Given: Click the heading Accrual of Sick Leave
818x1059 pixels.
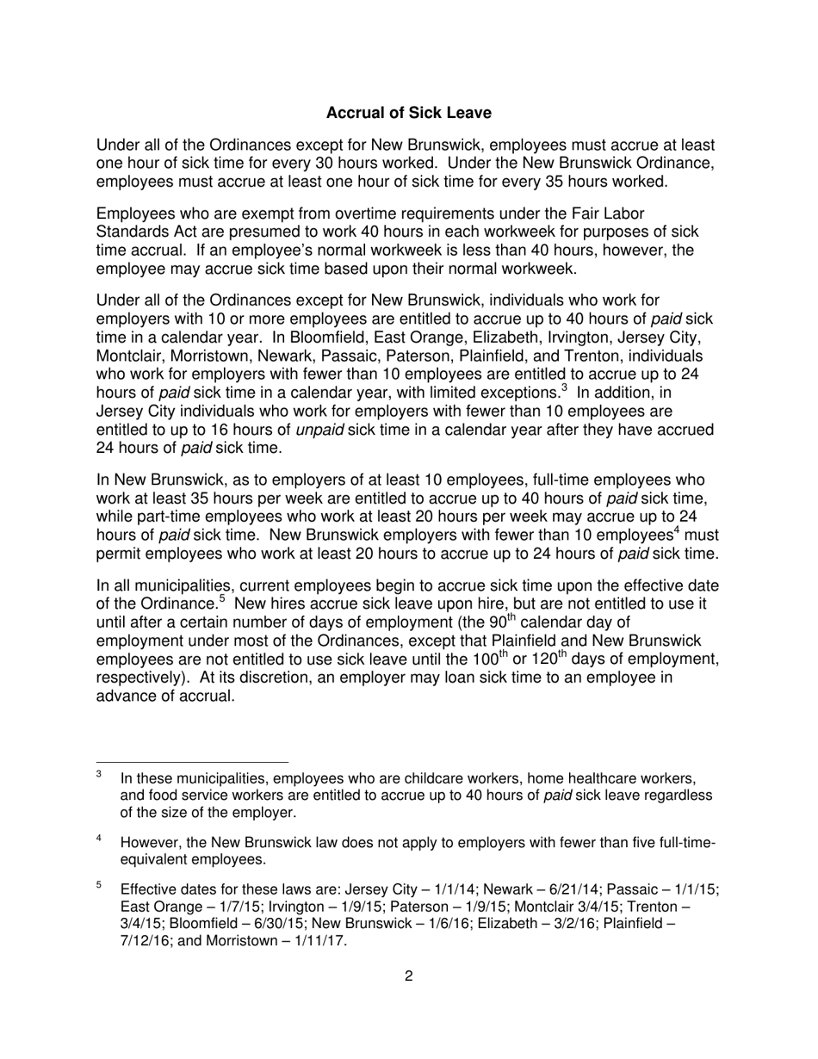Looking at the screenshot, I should [x=409, y=113].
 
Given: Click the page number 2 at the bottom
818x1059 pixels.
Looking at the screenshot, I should [x=408, y=975].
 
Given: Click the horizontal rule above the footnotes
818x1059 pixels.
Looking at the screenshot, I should [x=192, y=762].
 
